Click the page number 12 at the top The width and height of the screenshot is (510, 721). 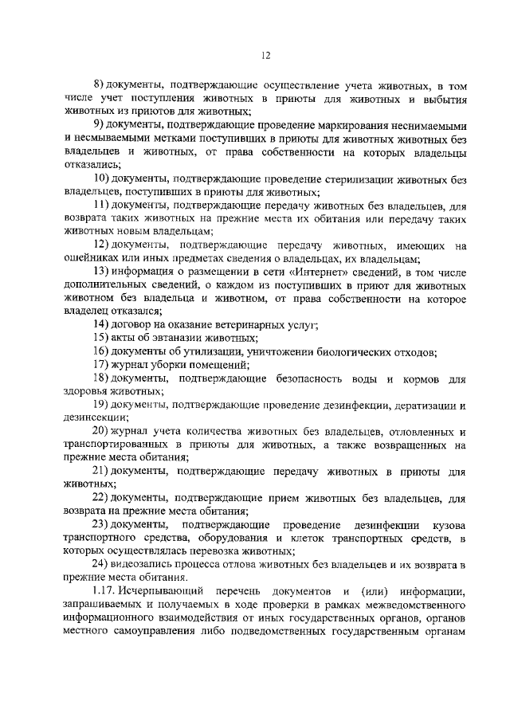click(265, 55)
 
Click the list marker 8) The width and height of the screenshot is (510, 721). click(100, 85)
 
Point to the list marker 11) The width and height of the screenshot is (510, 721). click(102, 206)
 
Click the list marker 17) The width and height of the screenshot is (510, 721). click(101, 364)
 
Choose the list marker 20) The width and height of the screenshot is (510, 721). click(102, 430)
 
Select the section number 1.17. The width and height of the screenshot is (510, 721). click(104, 590)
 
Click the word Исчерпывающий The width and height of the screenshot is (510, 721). click(162, 590)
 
